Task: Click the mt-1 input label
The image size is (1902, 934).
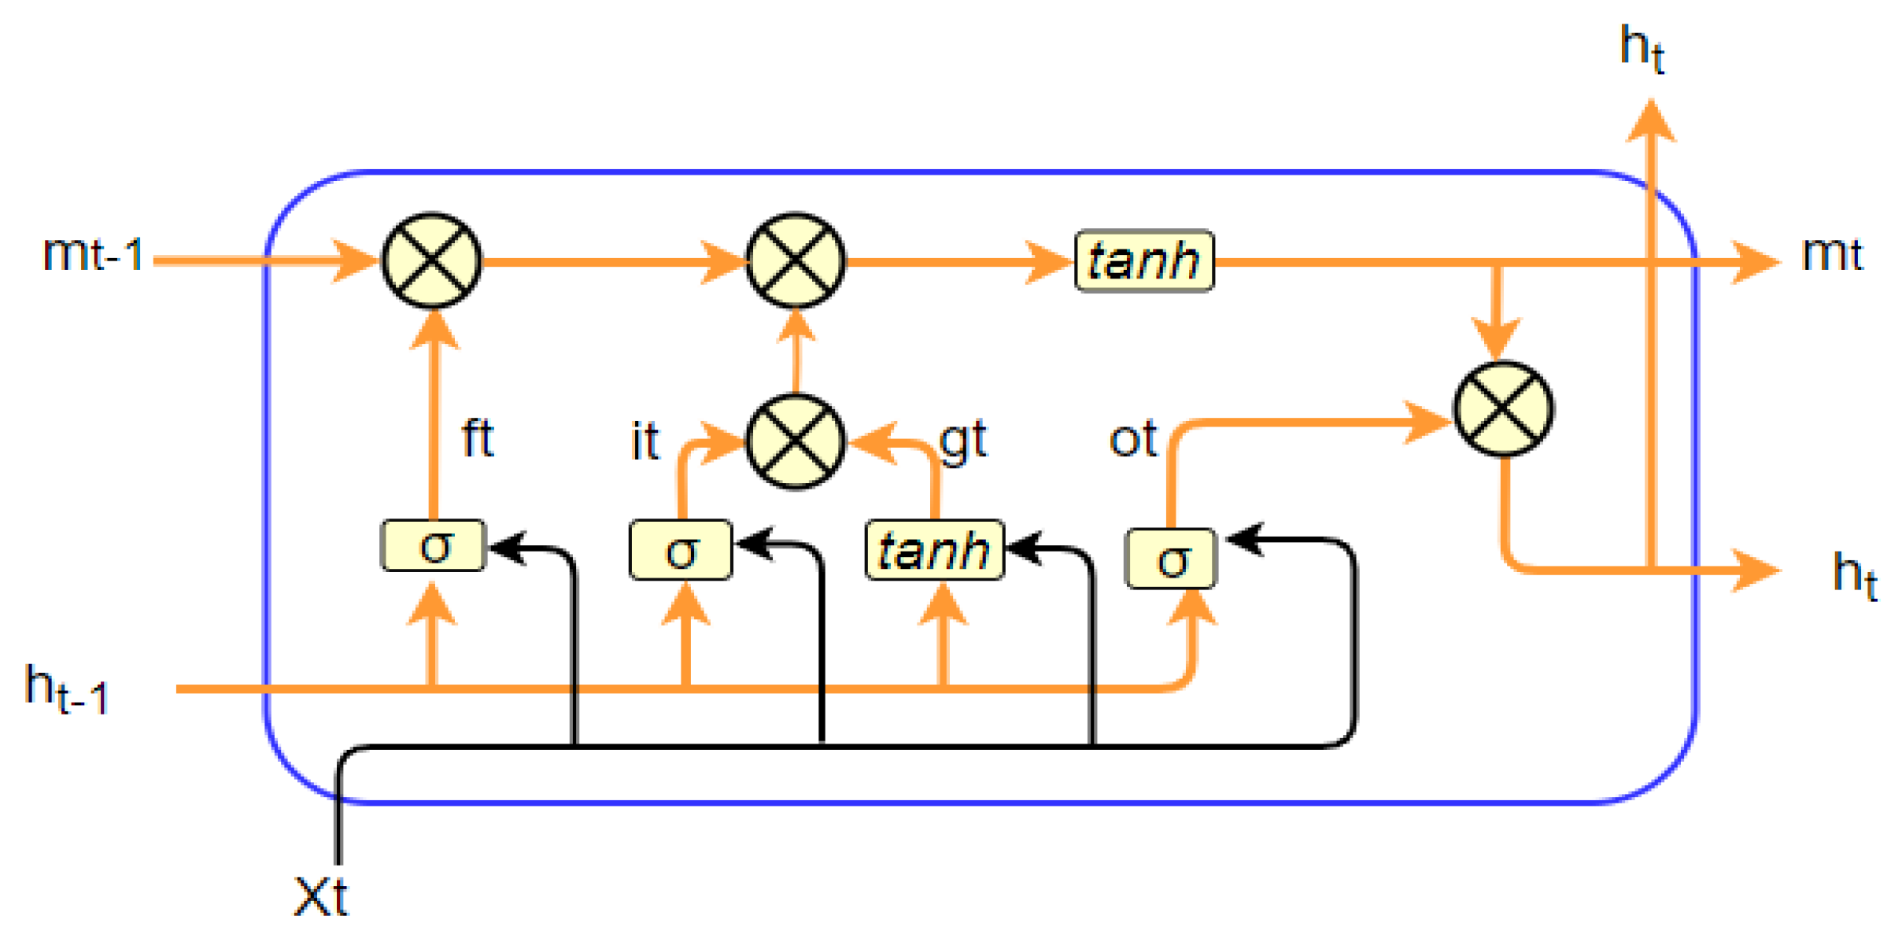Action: click(93, 253)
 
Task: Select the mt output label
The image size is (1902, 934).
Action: click(1831, 253)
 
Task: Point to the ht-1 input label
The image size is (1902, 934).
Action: click(66, 689)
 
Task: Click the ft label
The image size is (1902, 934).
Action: click(477, 437)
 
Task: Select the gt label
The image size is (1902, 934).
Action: click(962, 441)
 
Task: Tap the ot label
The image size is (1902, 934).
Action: click(1132, 438)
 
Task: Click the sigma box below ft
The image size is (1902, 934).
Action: click(433, 545)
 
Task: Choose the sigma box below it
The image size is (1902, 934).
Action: click(681, 549)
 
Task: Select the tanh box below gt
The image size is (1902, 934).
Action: click(934, 549)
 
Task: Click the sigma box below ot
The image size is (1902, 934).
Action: click(1172, 559)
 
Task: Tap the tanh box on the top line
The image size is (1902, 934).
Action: click(1144, 260)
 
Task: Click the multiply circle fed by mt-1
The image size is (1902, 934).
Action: click(431, 260)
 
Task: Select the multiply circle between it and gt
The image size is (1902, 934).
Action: click(795, 441)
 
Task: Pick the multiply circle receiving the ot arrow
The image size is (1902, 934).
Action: click(1502, 408)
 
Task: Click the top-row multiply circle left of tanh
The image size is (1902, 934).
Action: click(795, 260)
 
